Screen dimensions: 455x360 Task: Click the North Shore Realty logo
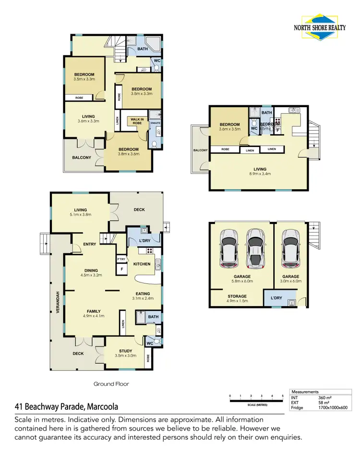(321, 24)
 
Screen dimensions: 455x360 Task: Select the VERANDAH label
(57, 303)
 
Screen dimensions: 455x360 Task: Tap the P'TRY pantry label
(121, 259)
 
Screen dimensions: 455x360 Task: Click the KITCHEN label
(142, 264)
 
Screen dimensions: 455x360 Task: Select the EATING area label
(143, 294)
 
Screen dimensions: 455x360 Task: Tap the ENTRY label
(90, 244)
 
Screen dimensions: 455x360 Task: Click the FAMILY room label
(94, 311)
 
